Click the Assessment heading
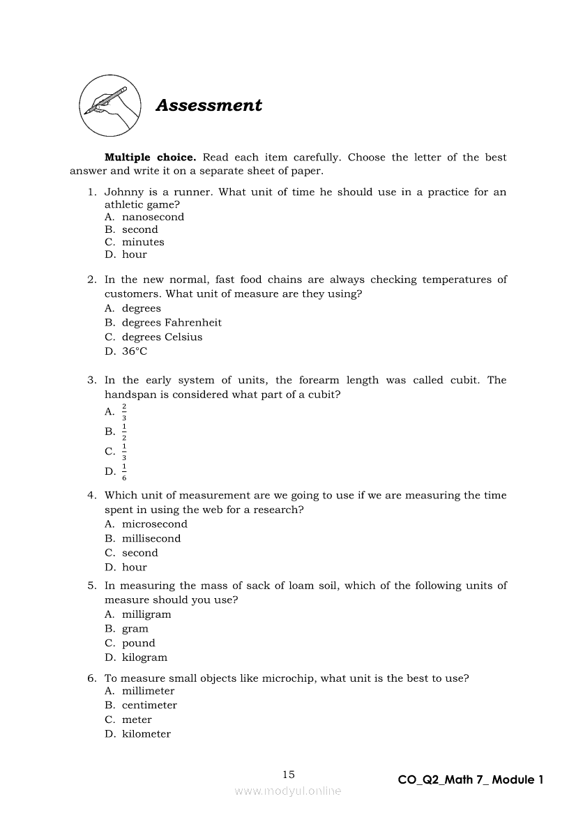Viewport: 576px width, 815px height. [x=209, y=105]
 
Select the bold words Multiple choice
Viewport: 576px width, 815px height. [x=150, y=158]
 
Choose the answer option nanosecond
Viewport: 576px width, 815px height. [x=153, y=217]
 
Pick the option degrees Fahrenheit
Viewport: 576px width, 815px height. [x=172, y=323]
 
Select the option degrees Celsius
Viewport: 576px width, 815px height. [x=162, y=337]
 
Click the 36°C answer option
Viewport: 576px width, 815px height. [x=135, y=351]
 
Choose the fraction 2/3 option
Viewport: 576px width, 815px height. [x=124, y=412]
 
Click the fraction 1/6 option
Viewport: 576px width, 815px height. [x=124, y=472]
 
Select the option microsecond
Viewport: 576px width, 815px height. [x=154, y=524]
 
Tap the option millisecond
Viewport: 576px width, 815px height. [x=151, y=538]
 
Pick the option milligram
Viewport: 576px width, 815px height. [x=146, y=614]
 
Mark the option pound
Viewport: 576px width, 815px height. [x=139, y=643]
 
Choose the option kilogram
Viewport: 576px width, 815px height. [x=144, y=657]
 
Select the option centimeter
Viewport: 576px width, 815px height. [x=149, y=705]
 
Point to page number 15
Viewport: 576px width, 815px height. [x=289, y=774]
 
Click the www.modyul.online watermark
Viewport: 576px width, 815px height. [x=288, y=791]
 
